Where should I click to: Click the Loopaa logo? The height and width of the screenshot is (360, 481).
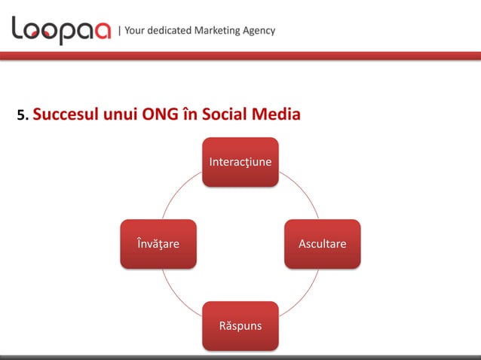[x=60, y=30]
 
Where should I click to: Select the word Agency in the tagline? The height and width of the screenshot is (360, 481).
[x=259, y=31]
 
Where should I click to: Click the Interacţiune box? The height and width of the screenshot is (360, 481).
[x=240, y=161]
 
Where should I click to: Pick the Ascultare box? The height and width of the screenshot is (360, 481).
[x=322, y=244]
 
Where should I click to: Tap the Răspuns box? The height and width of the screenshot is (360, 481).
[x=240, y=325]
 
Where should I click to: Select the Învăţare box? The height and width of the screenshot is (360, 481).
[x=158, y=244]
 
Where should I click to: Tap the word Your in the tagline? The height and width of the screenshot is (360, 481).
[x=134, y=31]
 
